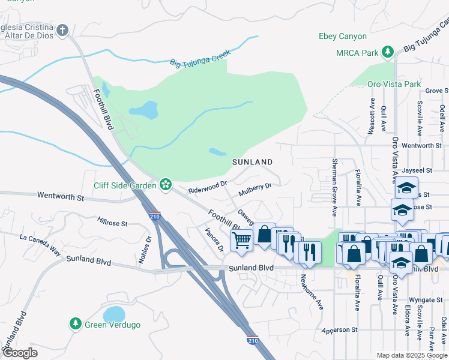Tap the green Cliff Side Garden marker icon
pyautogui.click(x=166, y=185)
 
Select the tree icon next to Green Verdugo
pyautogui.click(x=75, y=325)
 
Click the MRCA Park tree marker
pyautogui.click(x=388, y=53)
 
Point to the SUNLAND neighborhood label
pyautogui.click(x=253, y=162)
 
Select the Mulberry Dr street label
pyautogui.click(x=255, y=189)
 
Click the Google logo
pyautogui.click(x=20, y=353)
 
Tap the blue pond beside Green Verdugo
pyautogui.click(x=114, y=314)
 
